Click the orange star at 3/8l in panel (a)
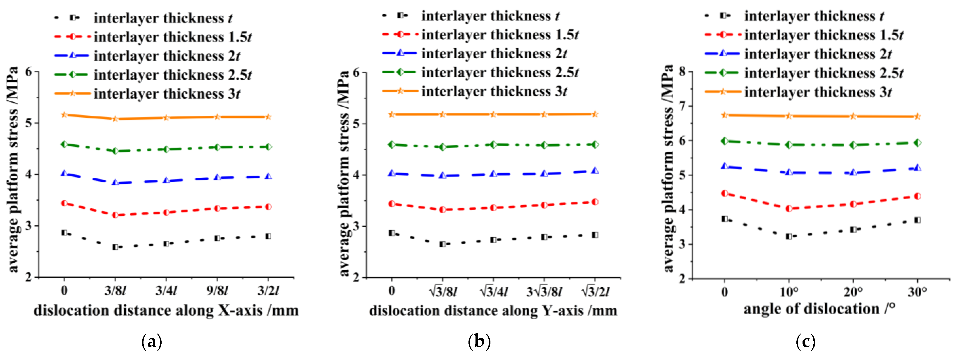(x=115, y=119)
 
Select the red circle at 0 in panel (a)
(x=64, y=203)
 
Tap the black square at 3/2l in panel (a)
(x=268, y=236)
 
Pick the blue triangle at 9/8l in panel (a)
(x=217, y=177)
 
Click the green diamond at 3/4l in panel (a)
(x=166, y=149)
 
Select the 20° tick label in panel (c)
(x=853, y=292)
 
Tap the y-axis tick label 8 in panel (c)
(x=682, y=72)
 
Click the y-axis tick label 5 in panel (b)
(x=356, y=124)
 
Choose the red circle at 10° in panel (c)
(x=789, y=209)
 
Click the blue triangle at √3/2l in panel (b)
(x=595, y=171)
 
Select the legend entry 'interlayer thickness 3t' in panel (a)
(x=167, y=94)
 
